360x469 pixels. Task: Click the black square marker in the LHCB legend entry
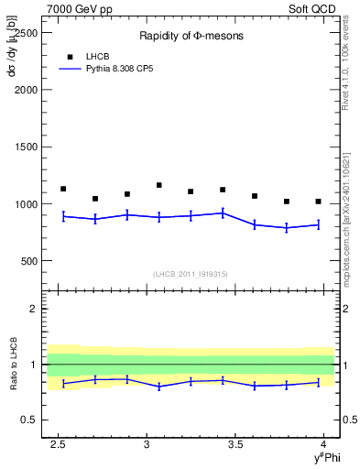pos(70,56)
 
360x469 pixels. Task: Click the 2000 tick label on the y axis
pos(27,90)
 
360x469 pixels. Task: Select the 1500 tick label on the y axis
pos(27,147)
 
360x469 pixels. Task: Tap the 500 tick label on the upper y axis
pos(30,261)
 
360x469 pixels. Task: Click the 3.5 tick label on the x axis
pos(235,445)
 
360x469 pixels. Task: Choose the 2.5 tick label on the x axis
pos(59,445)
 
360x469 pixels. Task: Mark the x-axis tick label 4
pos(323,445)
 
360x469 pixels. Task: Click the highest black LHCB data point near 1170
pos(158,185)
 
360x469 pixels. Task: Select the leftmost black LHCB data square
pos(63,189)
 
